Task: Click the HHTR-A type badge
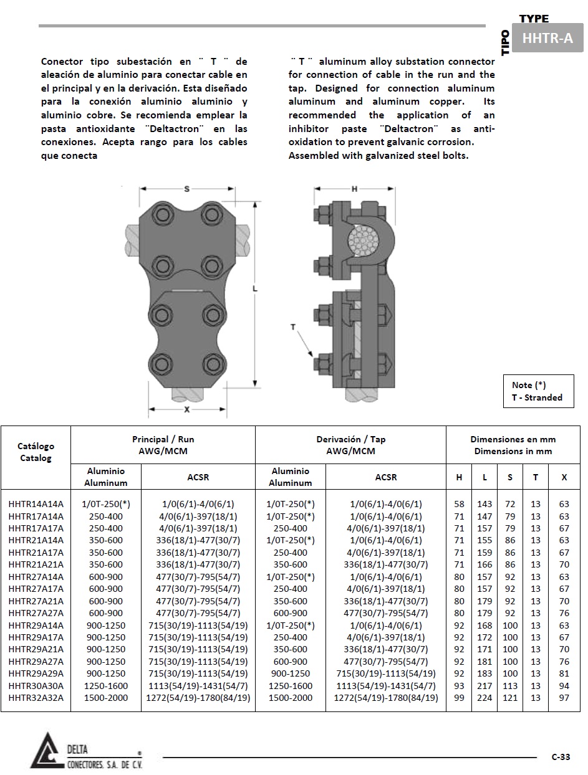click(x=547, y=39)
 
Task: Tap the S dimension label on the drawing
click(x=186, y=188)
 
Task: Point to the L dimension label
click(x=255, y=288)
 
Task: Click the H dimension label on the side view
click(x=354, y=189)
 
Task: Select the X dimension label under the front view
click(x=186, y=409)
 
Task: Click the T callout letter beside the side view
click(x=293, y=326)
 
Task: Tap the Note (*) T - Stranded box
click(x=538, y=391)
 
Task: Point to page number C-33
click(x=561, y=757)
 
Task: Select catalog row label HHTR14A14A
click(x=36, y=504)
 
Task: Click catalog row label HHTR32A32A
click(x=36, y=698)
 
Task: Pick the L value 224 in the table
click(x=484, y=698)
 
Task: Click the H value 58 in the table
click(x=459, y=504)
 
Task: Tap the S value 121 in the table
click(x=510, y=698)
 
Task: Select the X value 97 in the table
click(x=564, y=698)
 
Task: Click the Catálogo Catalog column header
click(x=36, y=452)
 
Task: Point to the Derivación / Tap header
click(x=350, y=445)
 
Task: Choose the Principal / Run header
click(x=163, y=445)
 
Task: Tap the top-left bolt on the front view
click(x=163, y=216)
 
